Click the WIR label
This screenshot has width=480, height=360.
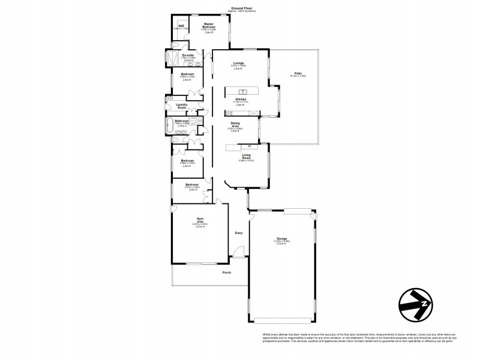[181, 26]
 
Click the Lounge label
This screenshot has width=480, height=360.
[238, 62]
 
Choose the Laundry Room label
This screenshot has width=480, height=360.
[182, 106]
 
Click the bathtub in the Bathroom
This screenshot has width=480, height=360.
[166, 127]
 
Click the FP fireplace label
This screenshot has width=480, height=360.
[248, 146]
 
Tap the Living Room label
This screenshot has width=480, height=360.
[247, 155]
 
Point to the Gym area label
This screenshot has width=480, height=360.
[200, 220]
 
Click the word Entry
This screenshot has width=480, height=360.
[239, 233]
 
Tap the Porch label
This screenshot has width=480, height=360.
[227, 272]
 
